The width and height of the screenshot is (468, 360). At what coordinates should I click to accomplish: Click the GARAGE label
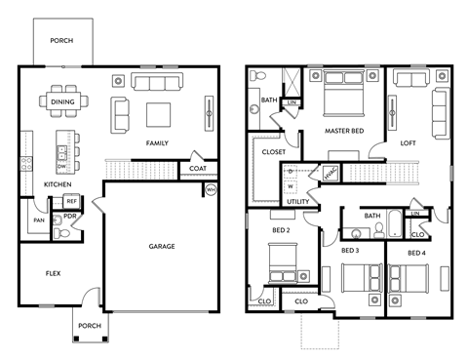tap(162, 246)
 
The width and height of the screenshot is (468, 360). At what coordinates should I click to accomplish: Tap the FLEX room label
tap(53, 273)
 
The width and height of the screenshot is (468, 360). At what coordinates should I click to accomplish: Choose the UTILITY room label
tap(296, 201)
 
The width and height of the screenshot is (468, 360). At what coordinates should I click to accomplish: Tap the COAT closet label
tap(198, 167)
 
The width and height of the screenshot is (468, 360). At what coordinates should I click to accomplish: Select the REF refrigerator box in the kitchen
tap(71, 202)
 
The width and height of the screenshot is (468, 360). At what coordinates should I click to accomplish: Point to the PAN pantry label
tap(38, 220)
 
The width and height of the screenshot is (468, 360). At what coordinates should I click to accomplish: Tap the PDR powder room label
tap(70, 217)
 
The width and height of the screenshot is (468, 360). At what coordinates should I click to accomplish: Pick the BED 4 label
tap(416, 253)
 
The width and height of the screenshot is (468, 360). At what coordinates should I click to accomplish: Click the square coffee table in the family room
tap(159, 114)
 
